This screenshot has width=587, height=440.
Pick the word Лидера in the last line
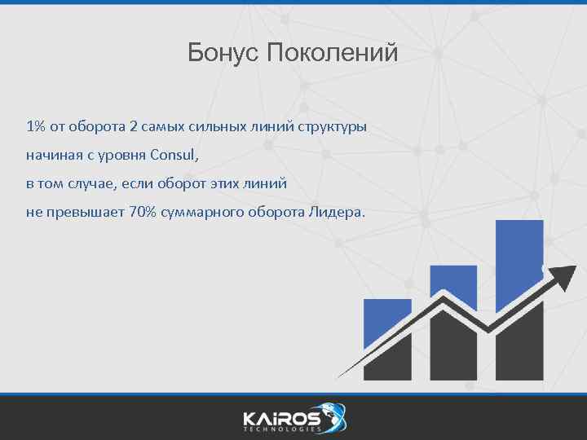(x=337, y=212)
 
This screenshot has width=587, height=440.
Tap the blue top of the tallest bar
(x=519, y=261)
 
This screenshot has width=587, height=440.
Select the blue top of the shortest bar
(x=387, y=322)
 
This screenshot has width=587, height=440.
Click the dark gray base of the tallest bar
(x=519, y=350)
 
